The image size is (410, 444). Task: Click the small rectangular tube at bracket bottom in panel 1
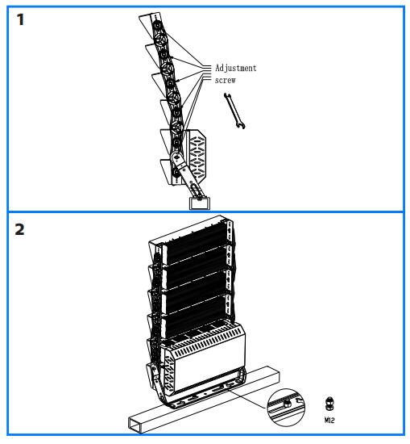tap(197, 196)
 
